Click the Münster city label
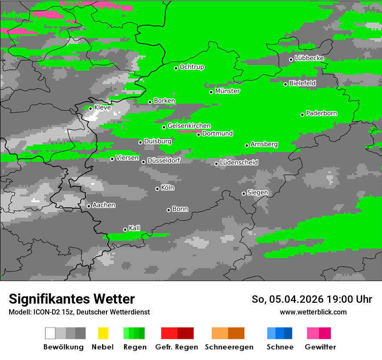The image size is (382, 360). (227, 91)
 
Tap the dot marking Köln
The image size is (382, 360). (158, 189)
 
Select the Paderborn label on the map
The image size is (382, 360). (322, 113)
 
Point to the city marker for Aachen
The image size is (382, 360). (89, 206)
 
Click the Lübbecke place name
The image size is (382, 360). (310, 58)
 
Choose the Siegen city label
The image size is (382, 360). (257, 192)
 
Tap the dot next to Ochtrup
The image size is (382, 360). (176, 68)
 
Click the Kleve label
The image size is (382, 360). (102, 107)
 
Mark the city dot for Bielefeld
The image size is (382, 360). (286, 84)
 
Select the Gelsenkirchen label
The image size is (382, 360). (189, 126)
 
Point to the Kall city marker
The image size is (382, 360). (125, 230)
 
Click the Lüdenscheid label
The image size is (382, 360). (239, 162)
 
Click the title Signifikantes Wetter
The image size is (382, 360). (72, 299)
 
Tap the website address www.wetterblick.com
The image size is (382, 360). (313, 312)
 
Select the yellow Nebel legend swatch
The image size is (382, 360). (103, 333)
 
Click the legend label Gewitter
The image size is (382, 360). (320, 347)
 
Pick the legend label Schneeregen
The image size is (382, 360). (229, 347)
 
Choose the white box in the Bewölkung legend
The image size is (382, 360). (50, 333)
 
